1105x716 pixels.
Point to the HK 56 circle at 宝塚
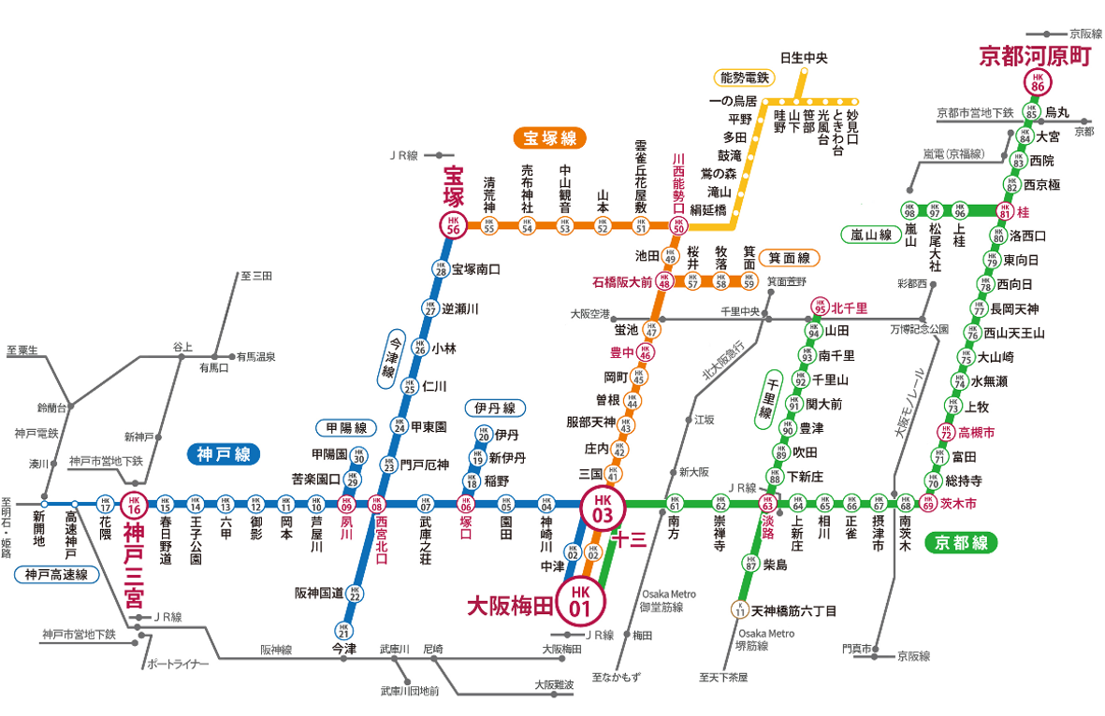pyautogui.click(x=454, y=225)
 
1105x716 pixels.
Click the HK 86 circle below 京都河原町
pyautogui.click(x=1036, y=82)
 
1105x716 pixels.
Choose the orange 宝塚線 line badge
pyautogui.click(x=549, y=139)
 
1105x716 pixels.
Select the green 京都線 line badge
pyautogui.click(x=961, y=543)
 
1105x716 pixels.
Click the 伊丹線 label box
pyautogui.click(x=495, y=408)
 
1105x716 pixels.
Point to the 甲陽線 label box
pyautogui.click(x=346, y=428)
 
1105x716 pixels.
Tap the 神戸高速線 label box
pyautogui.click(x=56, y=575)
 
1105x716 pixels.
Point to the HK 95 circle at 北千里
pyautogui.click(x=819, y=308)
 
